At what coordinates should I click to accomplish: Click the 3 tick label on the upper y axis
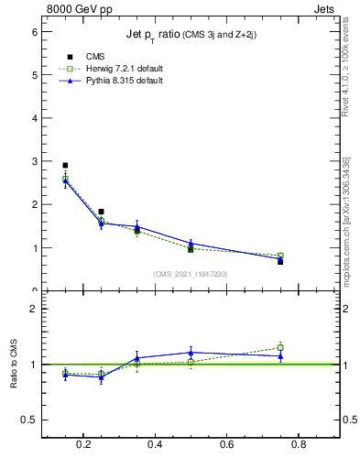coord(36,161)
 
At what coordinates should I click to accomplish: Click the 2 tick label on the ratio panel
coord(36,309)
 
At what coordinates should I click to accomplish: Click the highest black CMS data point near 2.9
coord(65,166)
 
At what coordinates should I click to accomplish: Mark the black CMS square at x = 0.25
coord(101,212)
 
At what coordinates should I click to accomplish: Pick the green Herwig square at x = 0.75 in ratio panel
coord(280,347)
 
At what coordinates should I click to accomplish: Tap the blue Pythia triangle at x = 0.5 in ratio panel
coord(191,352)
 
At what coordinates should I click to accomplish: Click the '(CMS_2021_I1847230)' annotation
coord(191,274)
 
